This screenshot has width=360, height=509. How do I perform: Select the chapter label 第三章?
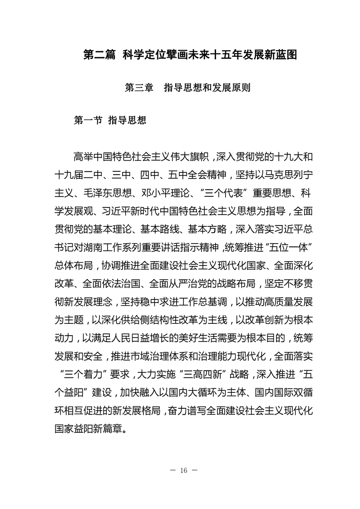tap(138, 88)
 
